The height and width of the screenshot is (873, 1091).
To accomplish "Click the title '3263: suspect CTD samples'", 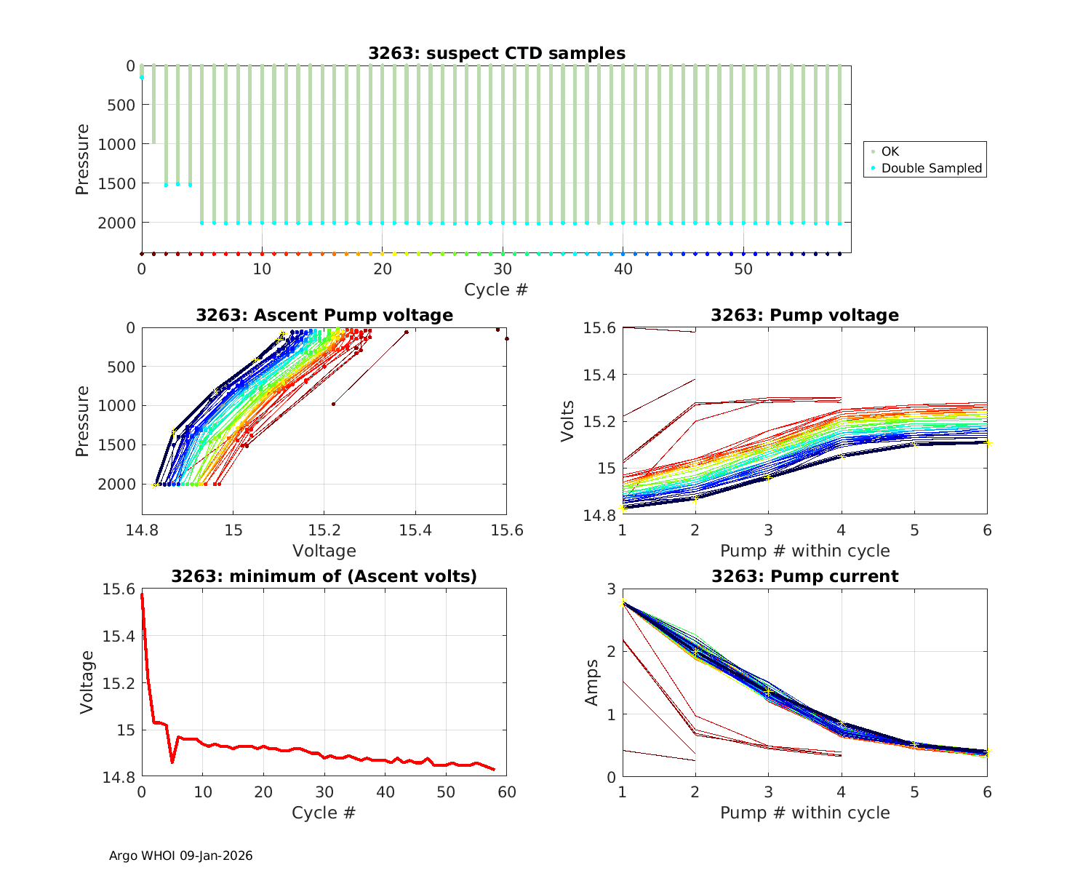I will click(x=496, y=53).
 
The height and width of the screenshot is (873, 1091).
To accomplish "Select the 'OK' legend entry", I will click(x=890, y=151).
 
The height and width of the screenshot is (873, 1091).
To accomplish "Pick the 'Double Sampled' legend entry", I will click(x=931, y=168).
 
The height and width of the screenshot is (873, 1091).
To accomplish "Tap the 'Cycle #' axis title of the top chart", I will click(x=496, y=290).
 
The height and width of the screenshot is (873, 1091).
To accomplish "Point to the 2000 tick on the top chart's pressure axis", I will click(x=116, y=223).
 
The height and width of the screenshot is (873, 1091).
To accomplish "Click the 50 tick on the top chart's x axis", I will click(x=743, y=269).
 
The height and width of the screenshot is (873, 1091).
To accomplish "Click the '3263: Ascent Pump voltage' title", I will click(x=324, y=315).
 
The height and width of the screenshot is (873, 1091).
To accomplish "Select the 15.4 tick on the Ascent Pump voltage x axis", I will click(x=415, y=530).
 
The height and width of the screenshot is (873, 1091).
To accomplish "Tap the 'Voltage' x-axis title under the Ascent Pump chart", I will click(x=324, y=551).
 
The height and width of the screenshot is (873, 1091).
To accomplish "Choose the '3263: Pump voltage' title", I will click(x=804, y=315).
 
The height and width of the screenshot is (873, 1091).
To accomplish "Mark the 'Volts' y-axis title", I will click(x=568, y=421).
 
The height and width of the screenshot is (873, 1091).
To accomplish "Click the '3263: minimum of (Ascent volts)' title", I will click(x=324, y=577).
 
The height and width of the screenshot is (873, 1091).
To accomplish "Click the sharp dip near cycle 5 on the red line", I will click(x=172, y=762).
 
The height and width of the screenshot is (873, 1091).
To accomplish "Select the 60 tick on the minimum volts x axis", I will click(x=507, y=792).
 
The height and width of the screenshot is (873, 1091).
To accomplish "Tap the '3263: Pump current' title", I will click(x=804, y=577).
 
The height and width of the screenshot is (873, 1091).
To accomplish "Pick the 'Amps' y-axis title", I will click(x=593, y=682).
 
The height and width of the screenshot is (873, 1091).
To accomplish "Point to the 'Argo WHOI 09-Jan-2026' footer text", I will click(x=180, y=856).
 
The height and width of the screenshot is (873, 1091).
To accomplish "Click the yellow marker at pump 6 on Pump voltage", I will click(x=988, y=442).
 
